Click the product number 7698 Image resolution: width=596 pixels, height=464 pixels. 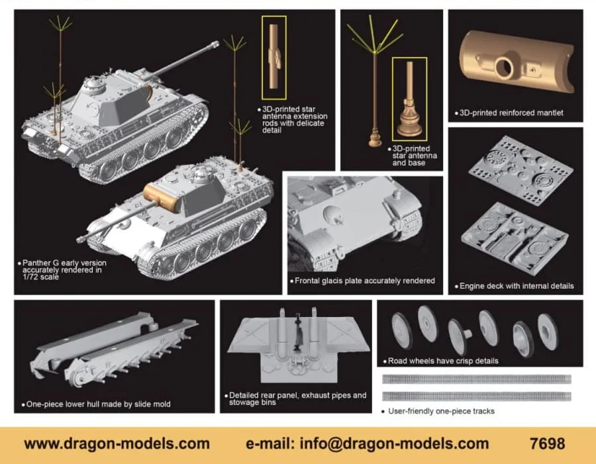point(547,443)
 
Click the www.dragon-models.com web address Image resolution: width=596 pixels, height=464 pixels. point(117,444)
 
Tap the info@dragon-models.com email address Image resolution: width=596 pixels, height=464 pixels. point(394,444)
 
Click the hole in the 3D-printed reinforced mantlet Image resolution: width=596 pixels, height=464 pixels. point(503,68)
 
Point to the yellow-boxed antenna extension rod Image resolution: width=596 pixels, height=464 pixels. point(274,56)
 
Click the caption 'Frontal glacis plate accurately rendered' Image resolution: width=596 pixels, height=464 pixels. point(364,281)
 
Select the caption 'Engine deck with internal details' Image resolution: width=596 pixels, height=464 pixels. point(517,286)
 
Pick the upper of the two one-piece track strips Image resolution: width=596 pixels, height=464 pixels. point(477,379)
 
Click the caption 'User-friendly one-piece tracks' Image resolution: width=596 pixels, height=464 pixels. point(441,411)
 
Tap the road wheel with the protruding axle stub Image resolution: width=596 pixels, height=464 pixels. point(459,336)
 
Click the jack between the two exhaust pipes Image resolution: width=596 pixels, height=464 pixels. point(297,330)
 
